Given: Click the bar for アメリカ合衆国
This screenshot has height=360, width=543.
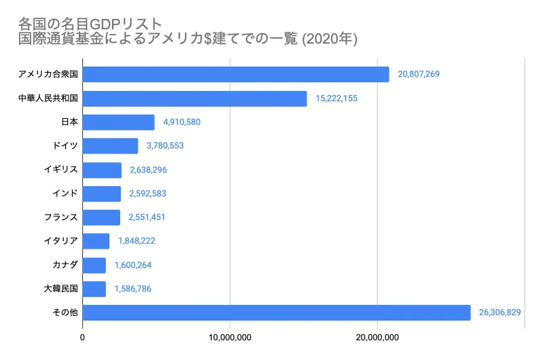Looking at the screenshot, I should click(x=236, y=75).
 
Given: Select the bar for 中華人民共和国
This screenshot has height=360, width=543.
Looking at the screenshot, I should click(x=195, y=98).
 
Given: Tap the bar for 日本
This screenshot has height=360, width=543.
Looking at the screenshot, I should click(x=119, y=122).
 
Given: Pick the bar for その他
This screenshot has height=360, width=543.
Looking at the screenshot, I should click(x=276, y=312).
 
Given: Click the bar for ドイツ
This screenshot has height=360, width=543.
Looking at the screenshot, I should click(x=111, y=146).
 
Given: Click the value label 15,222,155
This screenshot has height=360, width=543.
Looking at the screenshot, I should click(x=337, y=98).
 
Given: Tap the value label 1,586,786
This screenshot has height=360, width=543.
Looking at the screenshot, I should click(x=132, y=289).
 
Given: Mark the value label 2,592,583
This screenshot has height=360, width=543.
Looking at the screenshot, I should click(x=147, y=194).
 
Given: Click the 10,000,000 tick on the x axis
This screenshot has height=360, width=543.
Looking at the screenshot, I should click(x=230, y=337).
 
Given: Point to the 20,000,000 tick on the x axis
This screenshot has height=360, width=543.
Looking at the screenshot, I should click(x=377, y=337).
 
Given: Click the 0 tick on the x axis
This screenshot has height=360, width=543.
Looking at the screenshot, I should click(x=83, y=337).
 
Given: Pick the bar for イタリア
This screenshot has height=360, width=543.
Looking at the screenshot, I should click(x=96, y=241).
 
